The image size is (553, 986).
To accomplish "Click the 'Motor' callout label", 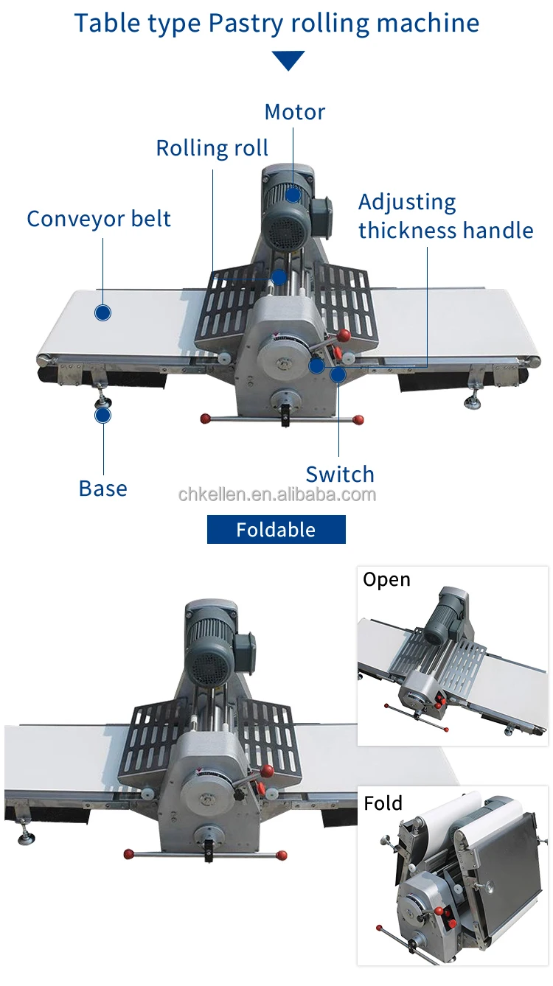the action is coord(294,112).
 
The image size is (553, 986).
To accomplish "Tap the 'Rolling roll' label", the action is coord(212,148).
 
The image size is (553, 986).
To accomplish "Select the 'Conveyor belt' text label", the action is coord(99,219).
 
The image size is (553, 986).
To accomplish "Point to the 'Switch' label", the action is coord(340,474).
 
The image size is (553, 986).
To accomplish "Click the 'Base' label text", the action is coord(102,489).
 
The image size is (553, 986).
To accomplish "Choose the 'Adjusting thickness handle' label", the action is coord(445,216).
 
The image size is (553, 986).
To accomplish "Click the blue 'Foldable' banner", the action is coord(276,530).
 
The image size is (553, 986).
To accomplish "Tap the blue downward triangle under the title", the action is coord(288,60).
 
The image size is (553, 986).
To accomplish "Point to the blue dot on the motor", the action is coord(293,195).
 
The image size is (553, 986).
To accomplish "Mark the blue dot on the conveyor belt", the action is coord(103,312).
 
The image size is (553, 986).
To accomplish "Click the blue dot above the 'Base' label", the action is coord(103,415).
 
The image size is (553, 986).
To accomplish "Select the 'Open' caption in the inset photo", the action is coord(386,580).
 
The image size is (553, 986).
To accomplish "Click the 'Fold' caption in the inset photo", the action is coord(383,803).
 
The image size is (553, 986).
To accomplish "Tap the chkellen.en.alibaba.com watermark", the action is coord(276,494).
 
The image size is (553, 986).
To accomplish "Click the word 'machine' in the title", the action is coord(428,24).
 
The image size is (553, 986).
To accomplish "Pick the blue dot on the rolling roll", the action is coord(279,277).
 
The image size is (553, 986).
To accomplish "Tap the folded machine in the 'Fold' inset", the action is coord(457,877).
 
